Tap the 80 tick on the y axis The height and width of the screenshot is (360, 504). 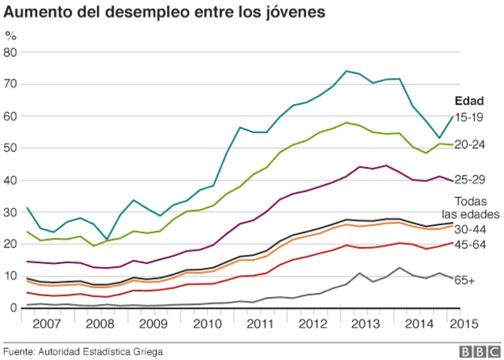(x=11, y=52)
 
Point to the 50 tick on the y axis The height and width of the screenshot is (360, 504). (x=11, y=148)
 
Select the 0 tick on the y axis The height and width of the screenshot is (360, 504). (x=14, y=308)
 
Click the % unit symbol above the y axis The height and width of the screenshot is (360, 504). (x=10, y=35)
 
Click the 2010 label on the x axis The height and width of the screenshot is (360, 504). (x=207, y=324)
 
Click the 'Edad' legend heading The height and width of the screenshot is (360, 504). (x=469, y=101)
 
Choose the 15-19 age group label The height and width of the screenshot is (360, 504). (x=469, y=117)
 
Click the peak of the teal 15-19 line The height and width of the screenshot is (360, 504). (x=346, y=71)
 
